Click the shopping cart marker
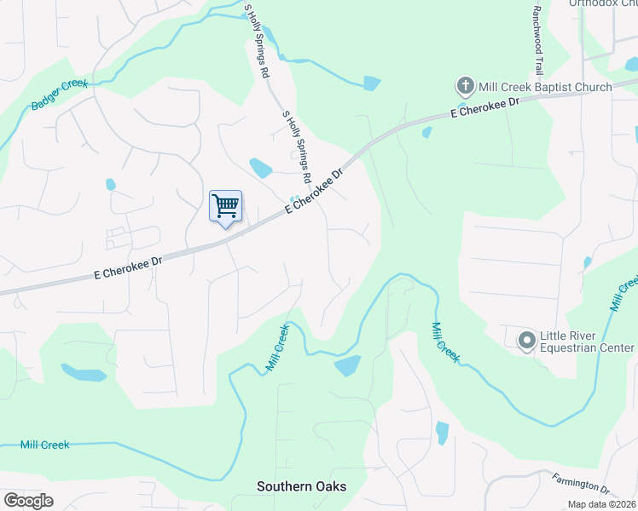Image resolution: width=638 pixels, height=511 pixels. click(225, 206)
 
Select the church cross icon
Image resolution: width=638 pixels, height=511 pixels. click(465, 85)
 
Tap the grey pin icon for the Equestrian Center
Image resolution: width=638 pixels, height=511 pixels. click(526, 341)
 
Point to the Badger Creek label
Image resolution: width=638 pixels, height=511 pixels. click(59, 94)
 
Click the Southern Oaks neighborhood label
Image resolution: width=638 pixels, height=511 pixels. click(302, 486)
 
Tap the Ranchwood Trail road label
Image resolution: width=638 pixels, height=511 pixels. click(537, 40)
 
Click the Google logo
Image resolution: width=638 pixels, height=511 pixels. click(28, 501)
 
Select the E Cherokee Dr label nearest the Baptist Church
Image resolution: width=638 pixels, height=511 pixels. click(484, 106)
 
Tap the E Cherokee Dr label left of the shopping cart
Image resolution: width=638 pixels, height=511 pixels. click(128, 267)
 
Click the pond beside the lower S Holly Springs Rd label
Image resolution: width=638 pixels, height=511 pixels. click(260, 168)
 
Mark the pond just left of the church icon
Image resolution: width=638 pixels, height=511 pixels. click(371, 83)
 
